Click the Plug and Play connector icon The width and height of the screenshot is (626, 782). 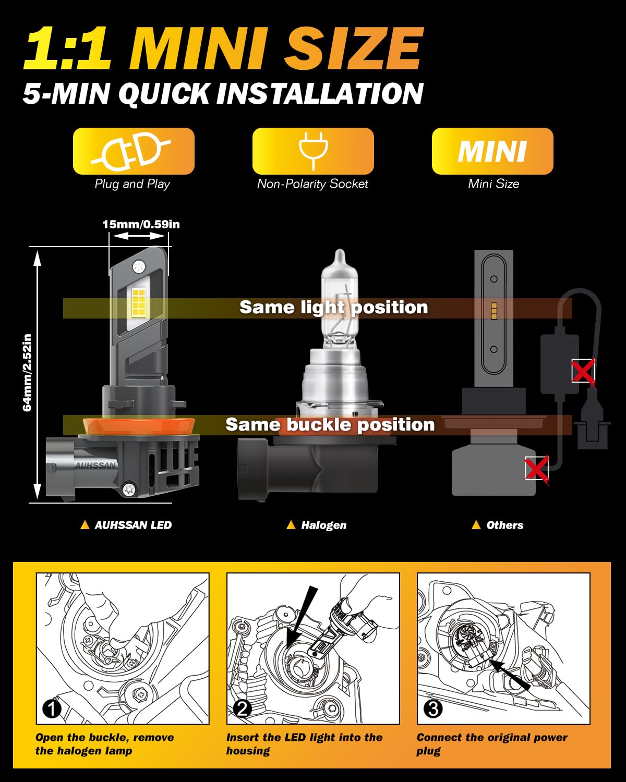point(134,151)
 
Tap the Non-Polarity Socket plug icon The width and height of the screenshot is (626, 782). point(313,151)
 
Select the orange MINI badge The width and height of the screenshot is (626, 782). point(492,151)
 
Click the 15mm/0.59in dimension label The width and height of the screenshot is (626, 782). point(141,224)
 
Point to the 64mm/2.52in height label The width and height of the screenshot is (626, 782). point(27,372)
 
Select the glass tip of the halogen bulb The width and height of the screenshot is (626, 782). point(340,258)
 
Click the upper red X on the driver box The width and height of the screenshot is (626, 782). point(583,371)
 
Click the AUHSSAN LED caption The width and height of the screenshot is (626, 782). point(133,525)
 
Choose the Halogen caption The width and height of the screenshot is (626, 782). point(323,525)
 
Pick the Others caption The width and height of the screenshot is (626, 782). point(504,525)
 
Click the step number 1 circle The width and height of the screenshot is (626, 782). point(52,708)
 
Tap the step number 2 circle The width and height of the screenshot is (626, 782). point(242,708)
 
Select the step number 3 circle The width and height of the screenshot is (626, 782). point(433,708)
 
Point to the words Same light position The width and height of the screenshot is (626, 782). point(333,308)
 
